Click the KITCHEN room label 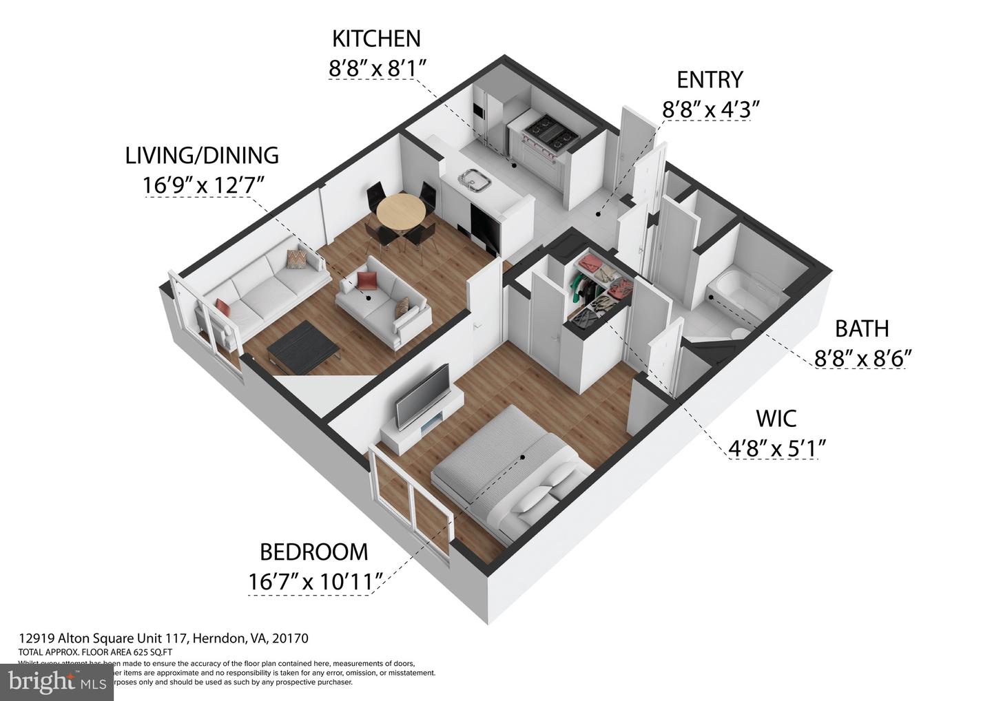coord(375,38)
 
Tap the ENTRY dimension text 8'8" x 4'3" coord(710,109)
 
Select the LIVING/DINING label coord(202,156)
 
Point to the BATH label coord(862,328)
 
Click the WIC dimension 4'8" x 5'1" coord(776,448)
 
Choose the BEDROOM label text coord(313,552)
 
